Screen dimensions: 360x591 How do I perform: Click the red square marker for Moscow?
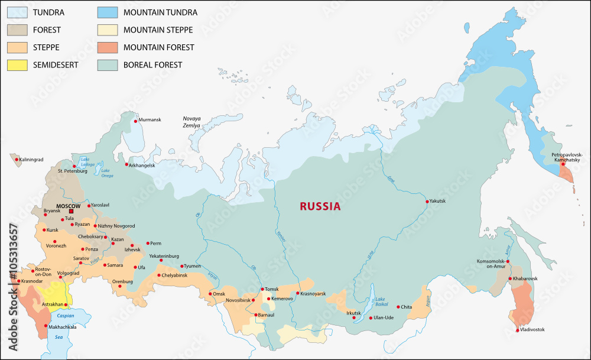[x=72, y=211]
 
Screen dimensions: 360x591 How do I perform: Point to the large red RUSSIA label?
[x=320, y=206]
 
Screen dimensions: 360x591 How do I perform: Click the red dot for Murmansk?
[x=135, y=121]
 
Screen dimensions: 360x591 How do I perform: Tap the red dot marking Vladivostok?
[x=517, y=329]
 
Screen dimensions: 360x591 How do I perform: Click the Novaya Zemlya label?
[x=191, y=122]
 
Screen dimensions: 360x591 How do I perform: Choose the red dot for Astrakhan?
[x=66, y=304]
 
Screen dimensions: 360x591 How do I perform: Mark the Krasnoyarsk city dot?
[x=297, y=293]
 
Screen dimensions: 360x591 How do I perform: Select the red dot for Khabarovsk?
[x=509, y=278]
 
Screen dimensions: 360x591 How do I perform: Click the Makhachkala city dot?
[x=46, y=326]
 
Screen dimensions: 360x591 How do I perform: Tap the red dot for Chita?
[x=398, y=307]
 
